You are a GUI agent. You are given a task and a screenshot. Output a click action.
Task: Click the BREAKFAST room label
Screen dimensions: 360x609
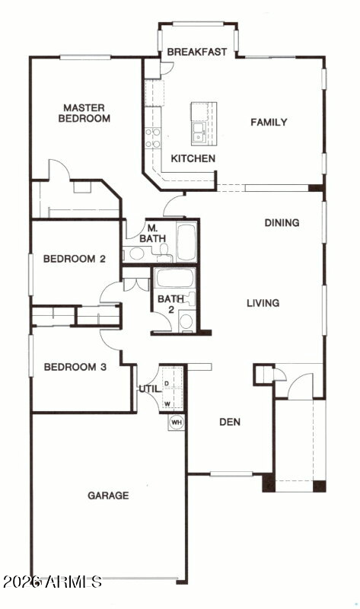point(197,52)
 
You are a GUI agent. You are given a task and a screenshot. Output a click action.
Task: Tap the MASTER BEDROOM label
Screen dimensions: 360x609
point(84,113)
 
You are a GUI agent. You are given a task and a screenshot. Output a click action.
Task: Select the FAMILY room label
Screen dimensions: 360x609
point(269,123)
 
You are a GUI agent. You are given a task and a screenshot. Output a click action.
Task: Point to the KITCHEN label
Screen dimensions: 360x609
point(193,158)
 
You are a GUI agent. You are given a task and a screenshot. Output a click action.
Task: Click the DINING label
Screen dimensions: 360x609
point(282,223)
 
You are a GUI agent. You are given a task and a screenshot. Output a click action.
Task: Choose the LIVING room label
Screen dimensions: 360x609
point(263,303)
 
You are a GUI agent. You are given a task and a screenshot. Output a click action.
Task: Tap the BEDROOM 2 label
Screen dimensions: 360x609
point(74,259)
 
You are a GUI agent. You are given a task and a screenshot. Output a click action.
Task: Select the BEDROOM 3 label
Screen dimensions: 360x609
point(75,367)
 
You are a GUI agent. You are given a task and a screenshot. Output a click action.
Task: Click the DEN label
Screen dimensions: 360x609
point(230,422)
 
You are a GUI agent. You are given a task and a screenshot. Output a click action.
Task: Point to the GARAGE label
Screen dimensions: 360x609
point(108,496)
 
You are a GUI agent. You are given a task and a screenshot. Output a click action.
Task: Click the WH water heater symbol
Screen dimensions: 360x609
point(177,422)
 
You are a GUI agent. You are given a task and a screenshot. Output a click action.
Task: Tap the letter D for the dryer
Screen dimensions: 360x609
point(167,384)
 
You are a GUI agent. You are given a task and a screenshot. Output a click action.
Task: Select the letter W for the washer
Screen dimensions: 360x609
point(167,404)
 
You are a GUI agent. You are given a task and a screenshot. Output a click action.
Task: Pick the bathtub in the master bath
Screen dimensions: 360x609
point(186,242)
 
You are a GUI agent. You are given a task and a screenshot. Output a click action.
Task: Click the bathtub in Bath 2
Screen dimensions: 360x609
point(174,278)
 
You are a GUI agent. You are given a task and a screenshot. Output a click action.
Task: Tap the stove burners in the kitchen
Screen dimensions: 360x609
point(153,138)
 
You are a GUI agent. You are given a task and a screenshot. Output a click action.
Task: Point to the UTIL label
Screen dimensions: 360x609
point(150,389)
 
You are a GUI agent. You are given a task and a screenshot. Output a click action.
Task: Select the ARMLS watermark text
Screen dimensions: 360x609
point(53,582)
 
